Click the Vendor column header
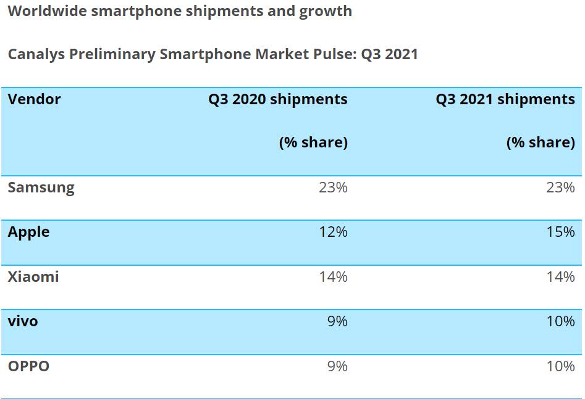[34, 99]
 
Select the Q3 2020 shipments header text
[277, 99]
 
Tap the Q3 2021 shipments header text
[505, 99]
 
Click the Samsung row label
[41, 187]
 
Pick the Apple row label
[28, 232]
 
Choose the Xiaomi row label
[33, 277]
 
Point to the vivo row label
[23, 321]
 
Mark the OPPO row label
[28, 366]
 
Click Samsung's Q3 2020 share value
[333, 187]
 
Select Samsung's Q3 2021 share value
[560, 187]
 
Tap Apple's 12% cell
[333, 232]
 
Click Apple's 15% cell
[560, 232]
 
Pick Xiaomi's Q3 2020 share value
[333, 277]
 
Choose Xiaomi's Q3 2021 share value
[560, 277]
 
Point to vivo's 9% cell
[337, 321]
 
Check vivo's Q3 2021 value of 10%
[560, 321]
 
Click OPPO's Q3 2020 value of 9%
[337, 366]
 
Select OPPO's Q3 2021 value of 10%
[560, 366]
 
